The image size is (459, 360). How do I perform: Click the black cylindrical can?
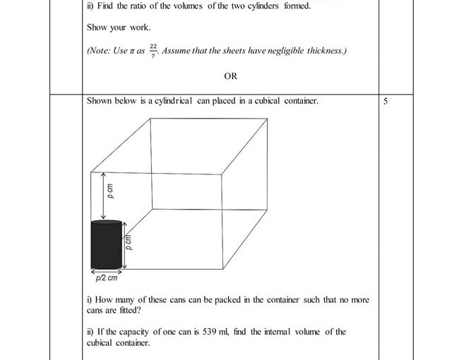coord(107,245)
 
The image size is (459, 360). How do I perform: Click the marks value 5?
coord(386,101)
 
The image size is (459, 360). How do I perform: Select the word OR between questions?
coord(230,76)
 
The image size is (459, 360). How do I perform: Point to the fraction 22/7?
coord(153,52)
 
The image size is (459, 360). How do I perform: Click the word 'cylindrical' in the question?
coord(171,101)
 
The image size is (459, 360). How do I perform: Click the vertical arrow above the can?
coord(104,195)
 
